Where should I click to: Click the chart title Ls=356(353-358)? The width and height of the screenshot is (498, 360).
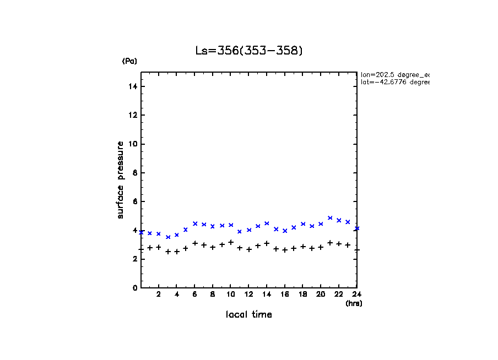tap(249, 51)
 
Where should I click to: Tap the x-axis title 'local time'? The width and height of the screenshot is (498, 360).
tap(248, 315)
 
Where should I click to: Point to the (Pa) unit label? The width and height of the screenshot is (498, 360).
tap(129, 61)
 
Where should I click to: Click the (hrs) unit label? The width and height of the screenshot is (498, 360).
tap(354, 303)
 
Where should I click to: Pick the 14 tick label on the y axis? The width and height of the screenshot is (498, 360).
tap(133, 86)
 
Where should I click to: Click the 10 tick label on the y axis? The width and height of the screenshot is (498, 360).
tap(133, 144)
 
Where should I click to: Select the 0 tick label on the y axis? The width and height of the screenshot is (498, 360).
tap(134, 288)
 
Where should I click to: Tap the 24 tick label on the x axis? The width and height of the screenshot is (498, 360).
tap(357, 294)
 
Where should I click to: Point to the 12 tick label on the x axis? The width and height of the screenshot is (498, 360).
tap(248, 294)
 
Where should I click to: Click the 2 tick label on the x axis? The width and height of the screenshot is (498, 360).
tap(159, 294)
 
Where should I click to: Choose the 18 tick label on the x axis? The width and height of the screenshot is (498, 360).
tap(302, 294)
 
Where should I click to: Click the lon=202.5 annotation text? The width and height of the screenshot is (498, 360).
tap(394, 74)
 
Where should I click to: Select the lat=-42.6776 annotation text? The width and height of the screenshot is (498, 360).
tap(394, 82)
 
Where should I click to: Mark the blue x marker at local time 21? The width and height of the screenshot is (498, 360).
tap(330, 218)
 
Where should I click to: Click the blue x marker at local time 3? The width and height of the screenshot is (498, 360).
tap(168, 237)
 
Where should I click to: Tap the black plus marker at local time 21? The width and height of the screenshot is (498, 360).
tap(330, 243)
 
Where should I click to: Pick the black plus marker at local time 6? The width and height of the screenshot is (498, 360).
tap(195, 243)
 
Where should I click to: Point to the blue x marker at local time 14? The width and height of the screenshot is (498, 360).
tap(267, 223)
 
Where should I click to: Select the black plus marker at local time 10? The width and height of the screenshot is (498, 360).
tap(231, 242)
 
